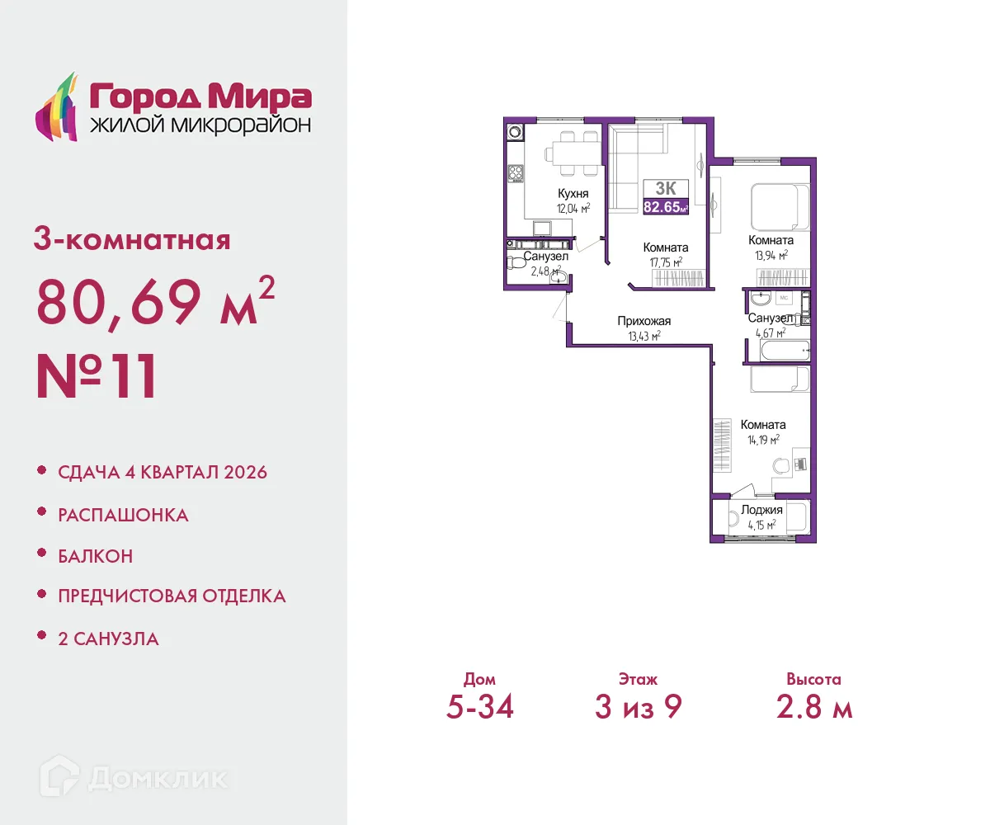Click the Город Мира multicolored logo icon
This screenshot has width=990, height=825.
click(55, 107)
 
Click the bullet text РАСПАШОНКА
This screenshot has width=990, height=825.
click(123, 516)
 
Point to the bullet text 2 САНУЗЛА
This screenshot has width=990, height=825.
click(108, 639)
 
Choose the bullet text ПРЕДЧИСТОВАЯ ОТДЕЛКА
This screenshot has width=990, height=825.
click(172, 596)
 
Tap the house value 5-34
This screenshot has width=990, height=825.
click(479, 707)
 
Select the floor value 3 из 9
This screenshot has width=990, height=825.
click(638, 707)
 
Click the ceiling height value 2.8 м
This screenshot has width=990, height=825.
click(813, 707)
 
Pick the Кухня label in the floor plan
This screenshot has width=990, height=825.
click(573, 194)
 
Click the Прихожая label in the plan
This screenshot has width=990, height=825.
click(643, 321)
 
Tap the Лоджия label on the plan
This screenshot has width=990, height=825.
click(761, 510)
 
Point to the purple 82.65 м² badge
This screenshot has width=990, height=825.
click(665, 207)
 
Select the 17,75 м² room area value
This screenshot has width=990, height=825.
click(666, 262)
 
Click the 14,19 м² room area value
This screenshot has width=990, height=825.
click(763, 440)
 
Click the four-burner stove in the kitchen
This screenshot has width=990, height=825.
click(516, 173)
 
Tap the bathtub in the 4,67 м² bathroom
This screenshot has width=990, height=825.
click(780, 352)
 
